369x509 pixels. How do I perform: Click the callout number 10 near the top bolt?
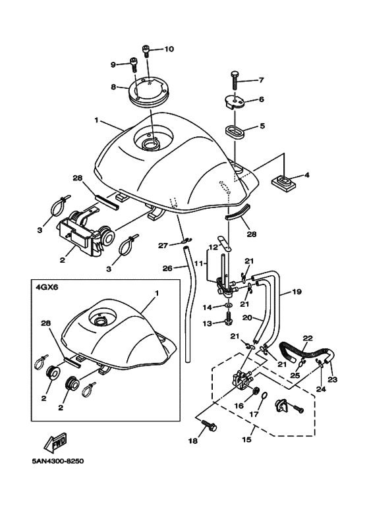(169, 49)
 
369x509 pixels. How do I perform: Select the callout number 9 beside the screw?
(113, 64)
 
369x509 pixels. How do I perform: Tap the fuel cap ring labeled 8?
(148, 92)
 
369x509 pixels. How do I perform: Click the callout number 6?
(260, 99)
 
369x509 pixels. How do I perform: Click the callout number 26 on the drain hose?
(167, 268)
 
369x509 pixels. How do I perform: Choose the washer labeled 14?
(227, 307)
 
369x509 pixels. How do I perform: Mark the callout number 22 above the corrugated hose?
(307, 338)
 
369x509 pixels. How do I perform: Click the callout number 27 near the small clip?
(163, 246)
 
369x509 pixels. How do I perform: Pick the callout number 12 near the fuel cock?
(213, 248)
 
